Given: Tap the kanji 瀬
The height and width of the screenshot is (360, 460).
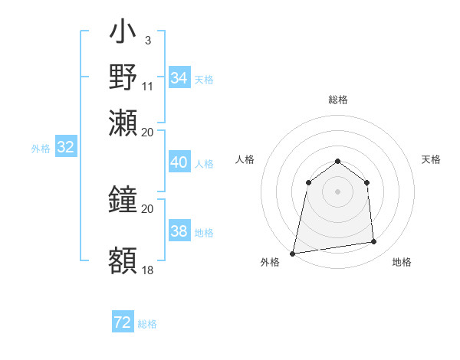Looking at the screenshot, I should [123, 122].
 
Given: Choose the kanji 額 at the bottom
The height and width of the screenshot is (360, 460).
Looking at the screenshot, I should [123, 260].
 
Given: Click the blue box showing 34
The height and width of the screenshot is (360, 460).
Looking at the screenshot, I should [179, 78].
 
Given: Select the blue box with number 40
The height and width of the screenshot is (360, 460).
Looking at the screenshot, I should [179, 162].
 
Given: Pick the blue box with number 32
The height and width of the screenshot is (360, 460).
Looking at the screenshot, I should [65, 148].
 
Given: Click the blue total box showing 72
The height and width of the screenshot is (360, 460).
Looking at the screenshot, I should [123, 322].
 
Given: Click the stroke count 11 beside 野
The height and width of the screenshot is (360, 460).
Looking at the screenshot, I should [148, 85].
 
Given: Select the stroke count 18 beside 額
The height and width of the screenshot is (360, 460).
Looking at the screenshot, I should [148, 270].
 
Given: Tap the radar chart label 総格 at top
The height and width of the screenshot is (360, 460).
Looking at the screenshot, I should [337, 100].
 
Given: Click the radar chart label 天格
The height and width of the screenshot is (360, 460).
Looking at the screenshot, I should [431, 159].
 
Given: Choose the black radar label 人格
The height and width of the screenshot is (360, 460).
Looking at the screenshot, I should [245, 159].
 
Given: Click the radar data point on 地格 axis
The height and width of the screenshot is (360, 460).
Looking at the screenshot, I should [374, 242].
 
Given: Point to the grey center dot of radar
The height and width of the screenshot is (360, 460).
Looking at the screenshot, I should [337, 191].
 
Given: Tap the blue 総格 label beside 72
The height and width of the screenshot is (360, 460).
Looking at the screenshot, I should [147, 324].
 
